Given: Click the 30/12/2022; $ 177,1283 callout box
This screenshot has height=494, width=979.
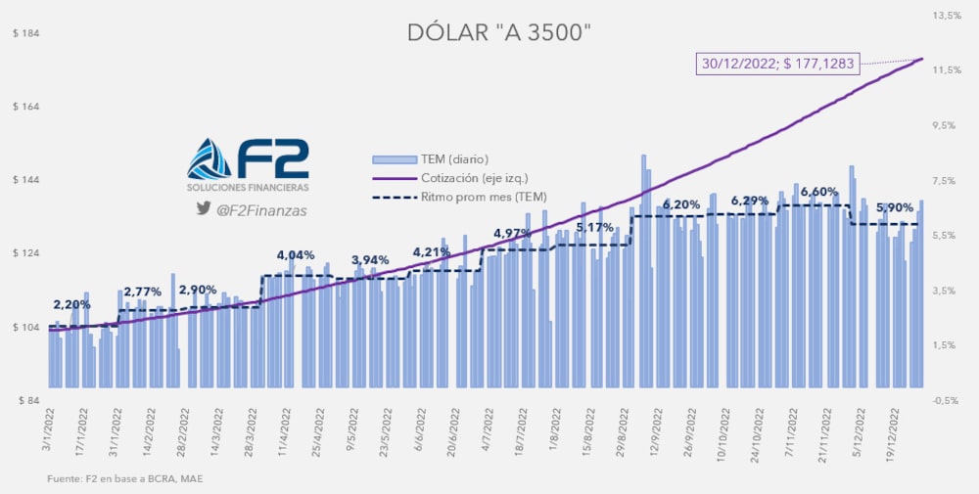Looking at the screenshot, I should tap(777, 64).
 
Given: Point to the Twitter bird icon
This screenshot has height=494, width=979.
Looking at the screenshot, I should tap(204, 208).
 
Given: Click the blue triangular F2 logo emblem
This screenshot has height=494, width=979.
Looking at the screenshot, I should tap(210, 159).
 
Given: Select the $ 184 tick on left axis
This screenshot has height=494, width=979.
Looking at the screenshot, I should tap(25, 33).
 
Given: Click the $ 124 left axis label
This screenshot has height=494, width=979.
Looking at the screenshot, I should tap(25, 253).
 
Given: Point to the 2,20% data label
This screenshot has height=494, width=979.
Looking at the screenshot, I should tap(71, 304).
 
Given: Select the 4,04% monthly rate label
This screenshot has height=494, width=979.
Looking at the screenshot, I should tap(296, 254).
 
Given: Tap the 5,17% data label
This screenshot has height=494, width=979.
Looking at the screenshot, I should tap(595, 228).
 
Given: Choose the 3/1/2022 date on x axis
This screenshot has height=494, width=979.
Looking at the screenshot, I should tap(48, 433).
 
